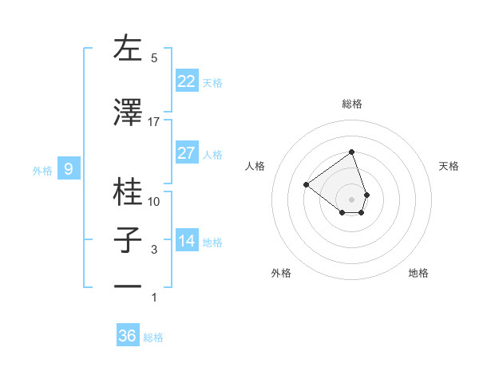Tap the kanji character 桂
pyautogui.click(x=128, y=191)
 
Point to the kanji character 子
pyautogui.click(x=128, y=241)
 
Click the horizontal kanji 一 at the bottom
pyautogui.click(x=128, y=286)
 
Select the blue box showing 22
pyautogui.click(x=187, y=81)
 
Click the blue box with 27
pyautogui.click(x=187, y=153)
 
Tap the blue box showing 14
pyautogui.click(x=187, y=241)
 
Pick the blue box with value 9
pyautogui.click(x=69, y=169)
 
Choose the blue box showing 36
pyautogui.click(x=128, y=336)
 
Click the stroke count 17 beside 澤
pyautogui.click(x=154, y=122)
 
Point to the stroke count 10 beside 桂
pyautogui.click(x=154, y=201)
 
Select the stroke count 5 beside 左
pyautogui.click(x=154, y=58)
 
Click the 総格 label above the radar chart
pyautogui.click(x=351, y=104)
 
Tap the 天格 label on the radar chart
pyautogui.click(x=449, y=166)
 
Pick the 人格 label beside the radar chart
pyautogui.click(x=255, y=166)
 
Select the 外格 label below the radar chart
pyautogui.click(x=281, y=273)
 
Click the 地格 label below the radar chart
pyautogui.click(x=418, y=273)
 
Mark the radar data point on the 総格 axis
pyautogui.click(x=351, y=152)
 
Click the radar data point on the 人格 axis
pyautogui.click(x=307, y=185)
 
